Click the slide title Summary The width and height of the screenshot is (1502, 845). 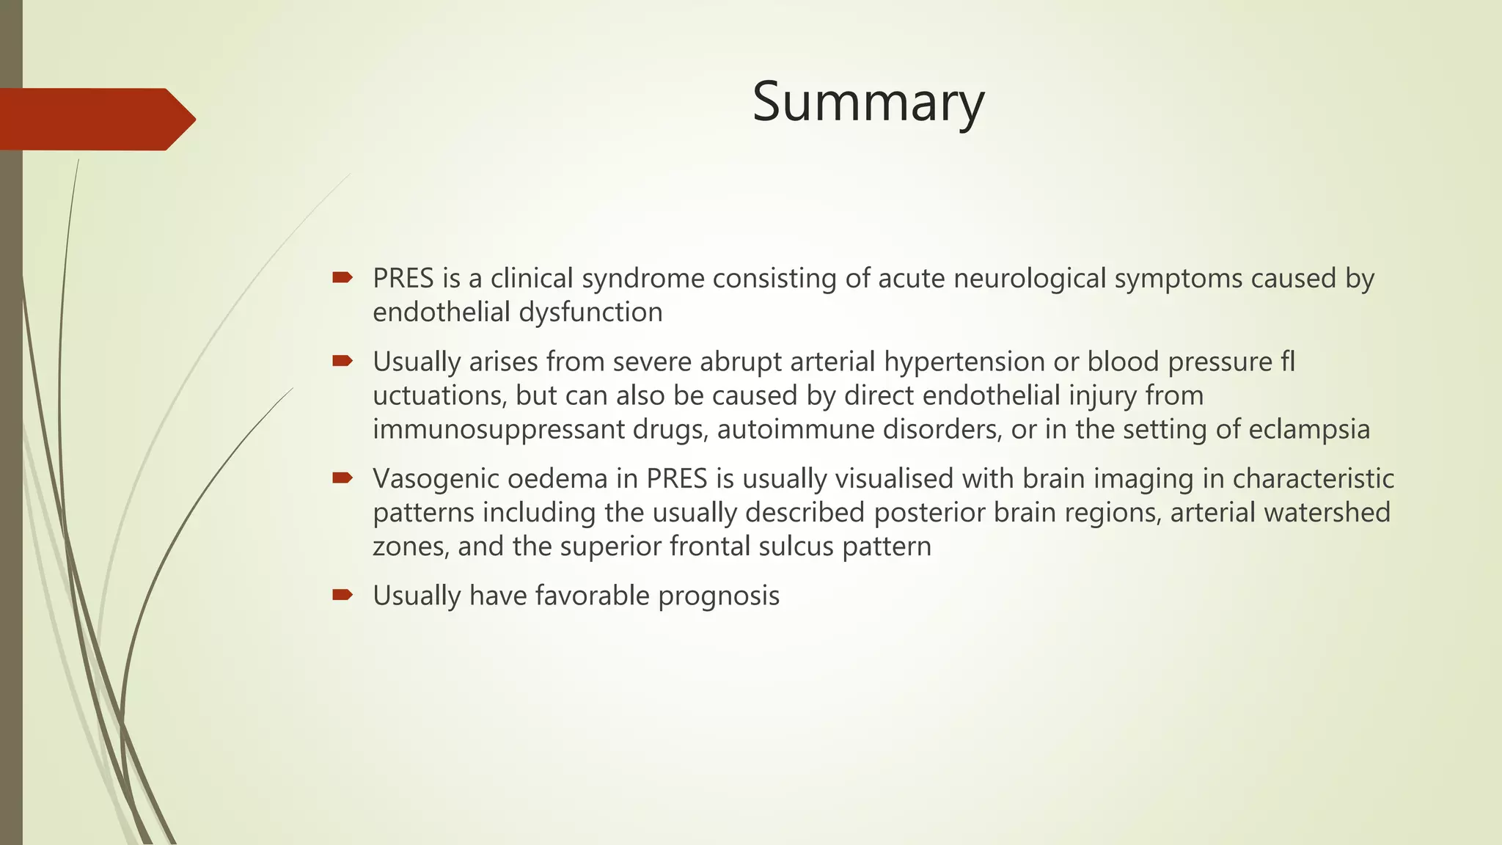pos(868,103)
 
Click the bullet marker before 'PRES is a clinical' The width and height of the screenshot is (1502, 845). pos(342,277)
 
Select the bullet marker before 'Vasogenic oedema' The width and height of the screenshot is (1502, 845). pos(342,478)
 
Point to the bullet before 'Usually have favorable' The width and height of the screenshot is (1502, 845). pos(342,595)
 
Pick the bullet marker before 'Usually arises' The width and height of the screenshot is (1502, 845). pos(342,361)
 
